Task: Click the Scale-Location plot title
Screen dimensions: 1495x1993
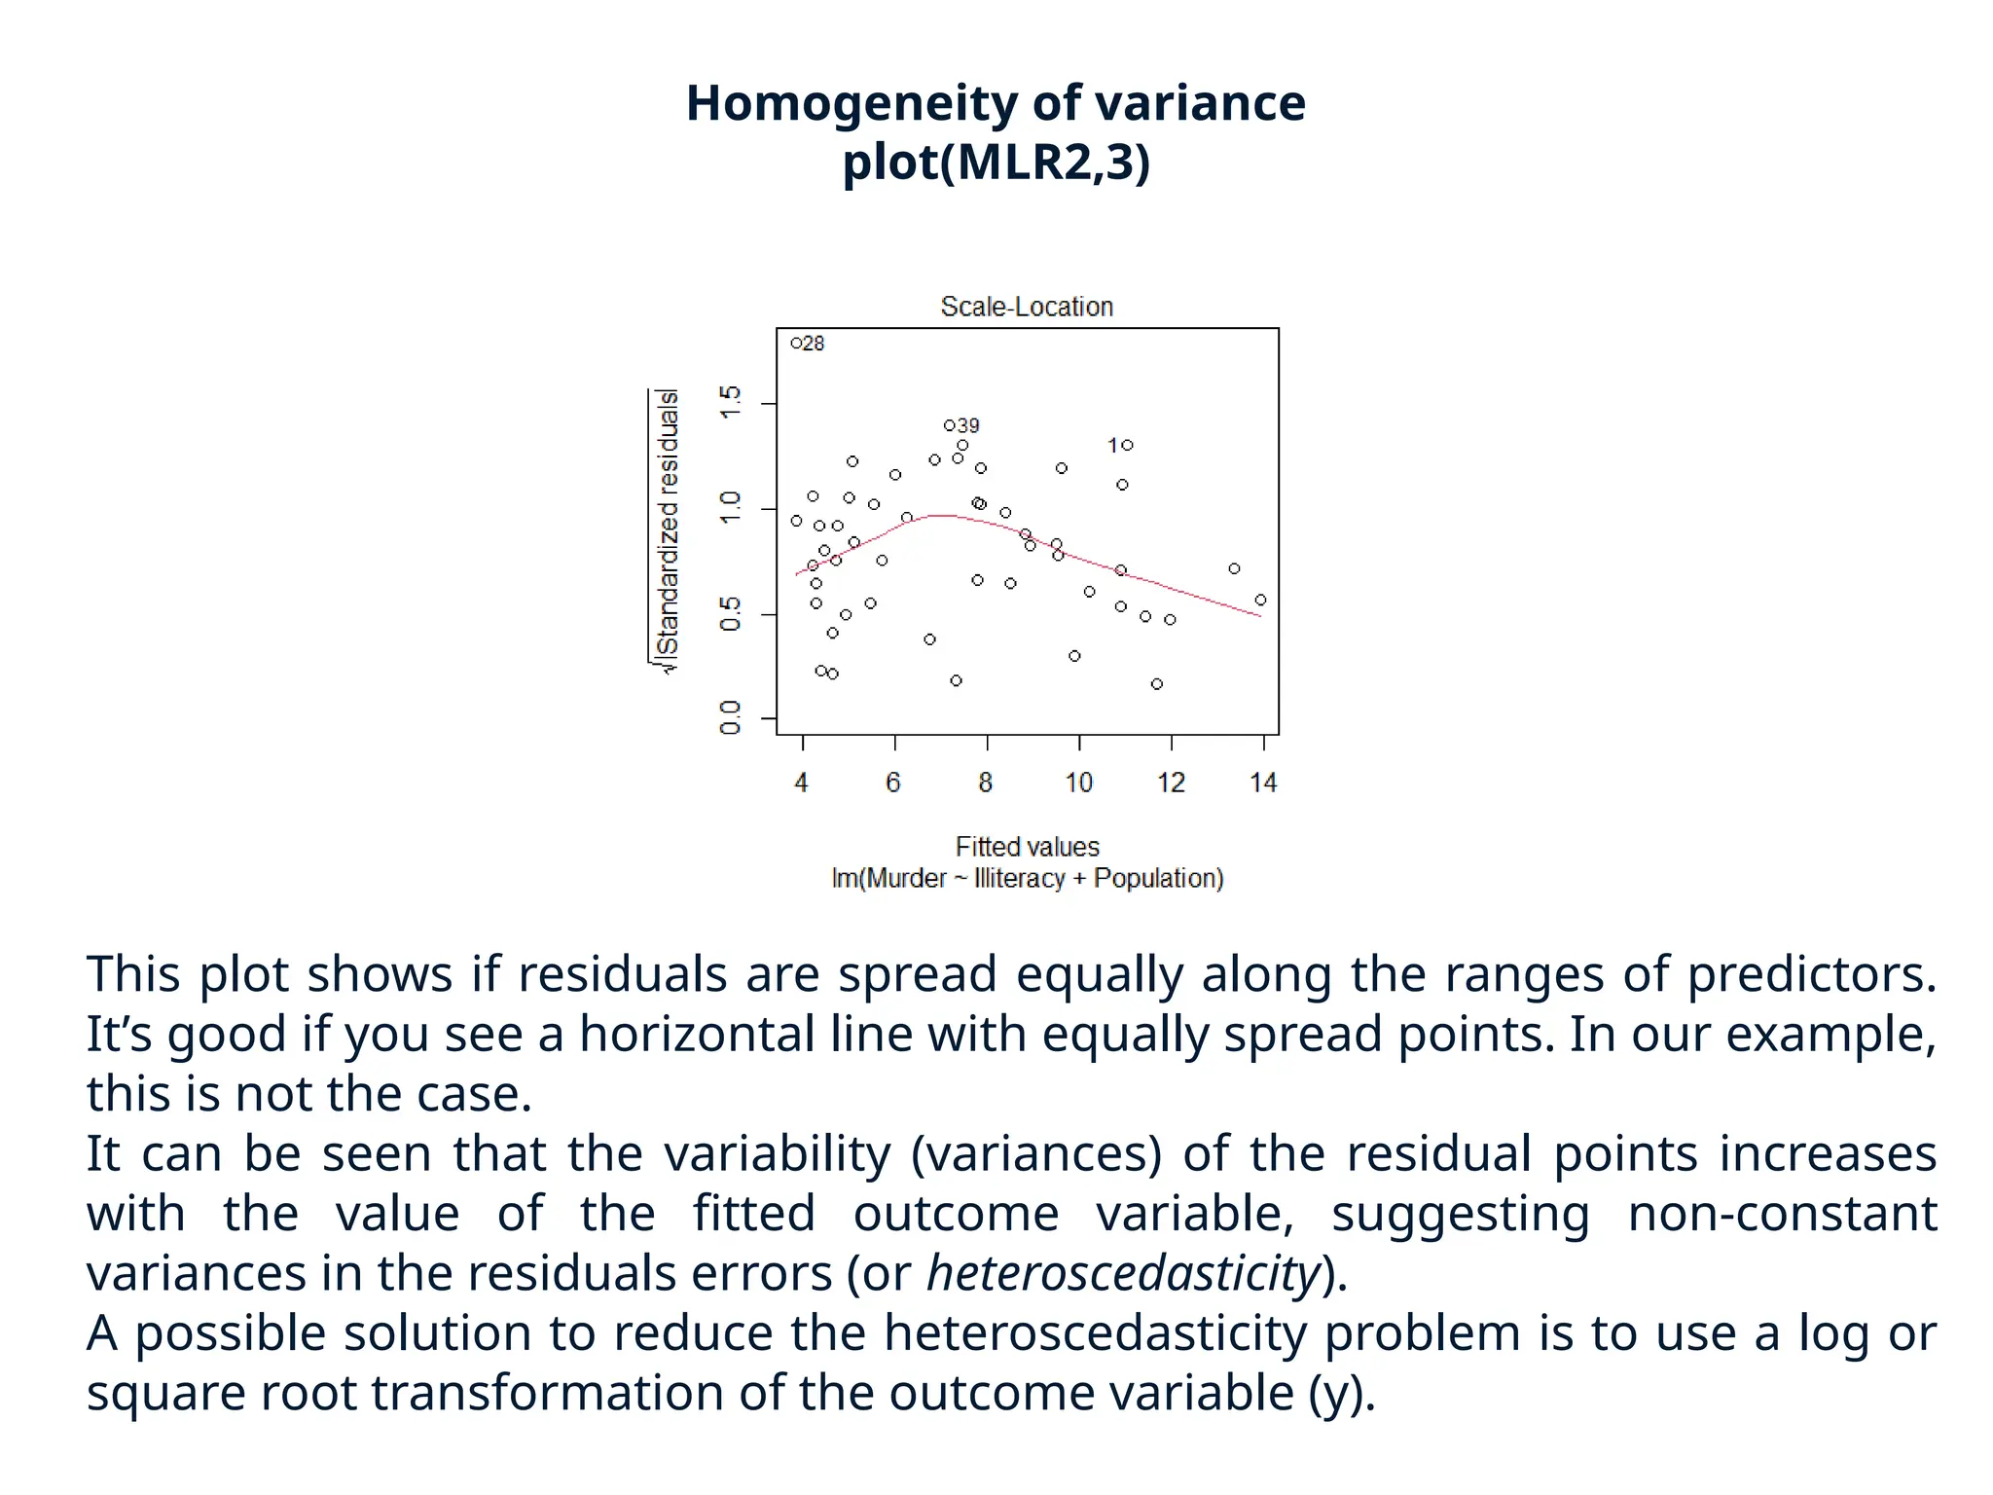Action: click(1027, 307)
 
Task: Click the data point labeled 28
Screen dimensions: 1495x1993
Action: click(796, 343)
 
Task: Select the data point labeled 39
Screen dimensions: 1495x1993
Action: click(949, 425)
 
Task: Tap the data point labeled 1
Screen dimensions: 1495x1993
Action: click(1128, 445)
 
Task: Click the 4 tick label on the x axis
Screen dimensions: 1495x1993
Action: click(801, 783)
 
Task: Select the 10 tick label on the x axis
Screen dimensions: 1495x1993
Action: click(1078, 783)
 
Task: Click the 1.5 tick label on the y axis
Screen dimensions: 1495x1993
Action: click(730, 402)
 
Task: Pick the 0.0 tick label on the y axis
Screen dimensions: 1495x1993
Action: click(730, 717)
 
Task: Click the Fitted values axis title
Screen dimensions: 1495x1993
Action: click(1027, 847)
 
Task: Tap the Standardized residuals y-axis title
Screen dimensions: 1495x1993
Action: click(668, 530)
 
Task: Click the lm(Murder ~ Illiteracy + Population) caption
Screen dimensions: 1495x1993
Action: click(1027, 878)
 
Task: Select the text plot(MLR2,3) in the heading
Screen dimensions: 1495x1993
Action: click(996, 162)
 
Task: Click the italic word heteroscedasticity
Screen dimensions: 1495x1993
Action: click(1123, 1273)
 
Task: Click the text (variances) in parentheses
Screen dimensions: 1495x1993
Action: click(1036, 1153)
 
